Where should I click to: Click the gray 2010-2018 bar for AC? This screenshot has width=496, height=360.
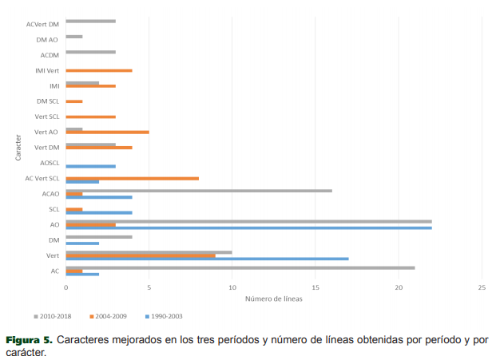[240, 267]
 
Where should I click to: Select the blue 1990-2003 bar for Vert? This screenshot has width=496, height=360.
[207, 259]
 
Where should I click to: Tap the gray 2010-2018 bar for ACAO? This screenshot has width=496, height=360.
[199, 191]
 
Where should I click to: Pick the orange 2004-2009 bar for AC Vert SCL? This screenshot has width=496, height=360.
[132, 178]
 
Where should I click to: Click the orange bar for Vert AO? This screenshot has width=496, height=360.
[107, 132]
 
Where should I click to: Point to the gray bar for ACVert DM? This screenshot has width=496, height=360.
[90, 21]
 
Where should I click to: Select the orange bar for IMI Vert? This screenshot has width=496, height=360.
[98, 70]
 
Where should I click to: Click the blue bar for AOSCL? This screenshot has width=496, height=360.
[90, 166]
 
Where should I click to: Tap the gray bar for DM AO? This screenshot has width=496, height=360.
[73, 37]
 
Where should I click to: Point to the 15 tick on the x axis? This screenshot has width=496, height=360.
[315, 287]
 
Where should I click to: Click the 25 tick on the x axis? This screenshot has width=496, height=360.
[482, 287]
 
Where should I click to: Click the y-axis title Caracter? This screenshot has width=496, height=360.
[17, 147]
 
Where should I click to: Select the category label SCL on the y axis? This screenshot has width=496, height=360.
[54, 209]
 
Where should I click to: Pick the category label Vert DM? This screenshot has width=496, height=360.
[47, 147]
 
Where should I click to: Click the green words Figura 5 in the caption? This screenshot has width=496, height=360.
[30, 339]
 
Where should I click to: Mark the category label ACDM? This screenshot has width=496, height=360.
[50, 55]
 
